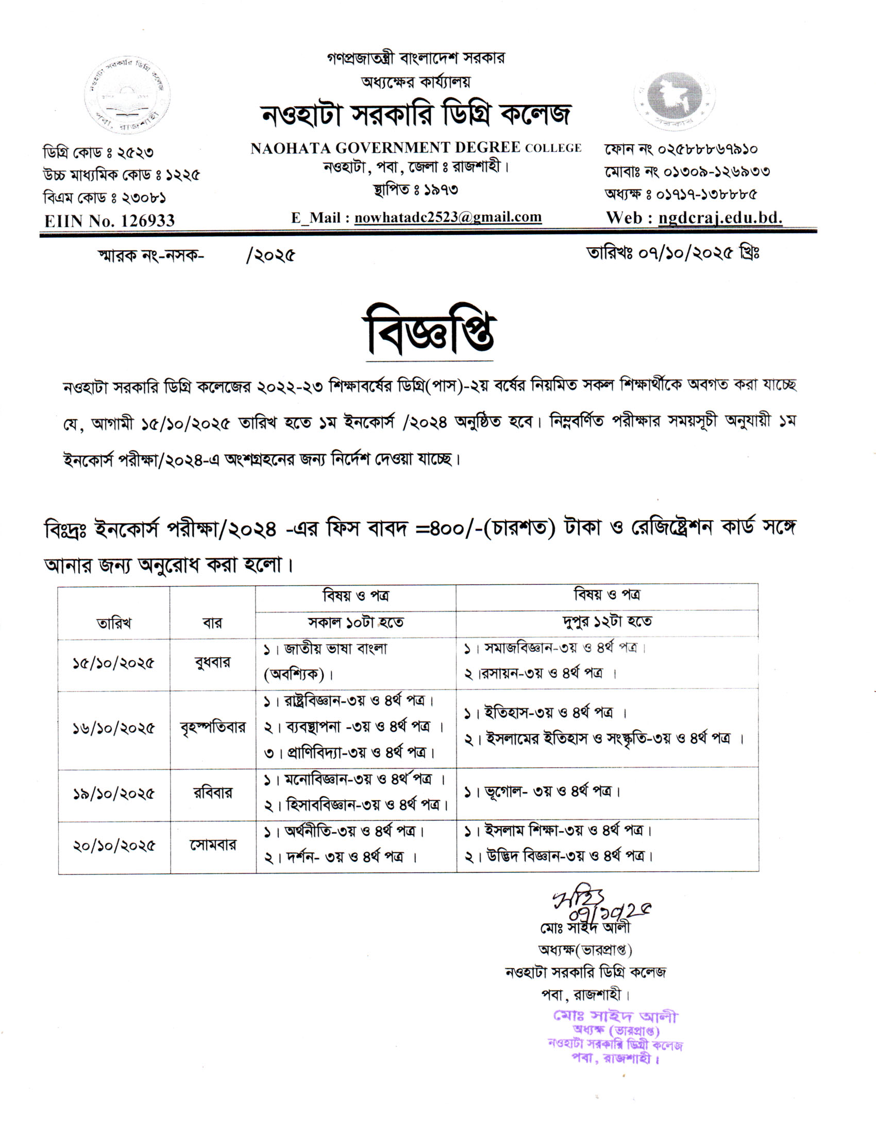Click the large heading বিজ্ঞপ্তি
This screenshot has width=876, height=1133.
[x=431, y=331]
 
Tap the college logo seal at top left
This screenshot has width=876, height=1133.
[x=127, y=96]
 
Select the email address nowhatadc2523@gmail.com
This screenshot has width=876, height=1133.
[x=448, y=217]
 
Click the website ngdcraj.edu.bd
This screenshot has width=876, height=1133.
[x=720, y=217]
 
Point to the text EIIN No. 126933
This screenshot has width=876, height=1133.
[x=109, y=221]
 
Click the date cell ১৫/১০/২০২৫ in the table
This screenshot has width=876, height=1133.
[x=114, y=663]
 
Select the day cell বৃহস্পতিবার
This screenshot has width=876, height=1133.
[x=213, y=727]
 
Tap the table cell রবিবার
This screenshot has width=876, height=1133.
[x=213, y=793]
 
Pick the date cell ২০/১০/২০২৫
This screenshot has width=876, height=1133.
[x=114, y=846]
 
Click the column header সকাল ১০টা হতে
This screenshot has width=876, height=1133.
[x=356, y=622]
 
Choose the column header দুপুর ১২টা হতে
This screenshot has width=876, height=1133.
[x=607, y=621]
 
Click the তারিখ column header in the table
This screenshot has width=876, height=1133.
[x=114, y=623]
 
